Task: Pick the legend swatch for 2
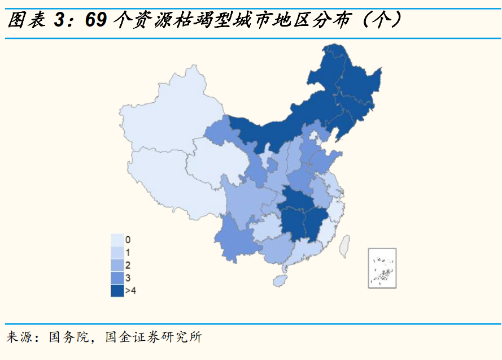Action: pos(117,265)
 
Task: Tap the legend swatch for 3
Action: pos(117,277)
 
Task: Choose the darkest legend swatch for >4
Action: pos(117,290)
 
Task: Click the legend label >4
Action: pos(130,290)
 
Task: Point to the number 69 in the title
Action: pos(95,20)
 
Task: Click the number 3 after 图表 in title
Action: pos(59,20)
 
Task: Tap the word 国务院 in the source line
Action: pos(69,338)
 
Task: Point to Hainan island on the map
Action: pos(279,280)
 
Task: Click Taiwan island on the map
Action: pos(343,246)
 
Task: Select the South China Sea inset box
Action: pos(382,268)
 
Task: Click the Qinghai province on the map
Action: pos(217,161)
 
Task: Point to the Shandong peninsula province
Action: pos(325,161)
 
